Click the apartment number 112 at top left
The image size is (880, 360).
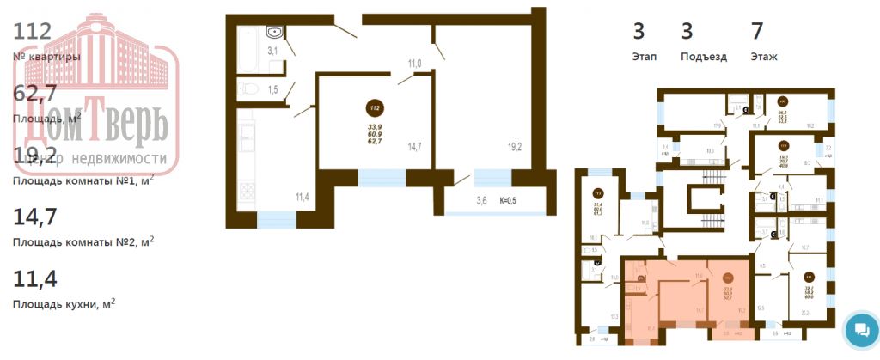(x=34, y=32)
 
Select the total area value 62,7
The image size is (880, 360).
(x=34, y=94)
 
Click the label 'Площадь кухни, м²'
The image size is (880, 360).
(x=64, y=303)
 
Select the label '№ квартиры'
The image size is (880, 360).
(x=47, y=57)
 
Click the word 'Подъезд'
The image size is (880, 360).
(x=703, y=57)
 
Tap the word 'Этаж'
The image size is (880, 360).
(x=763, y=57)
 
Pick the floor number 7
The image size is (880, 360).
(x=757, y=32)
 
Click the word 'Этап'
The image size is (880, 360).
(x=645, y=57)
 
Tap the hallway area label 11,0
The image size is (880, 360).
(x=414, y=64)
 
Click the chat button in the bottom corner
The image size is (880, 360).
(x=858, y=330)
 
